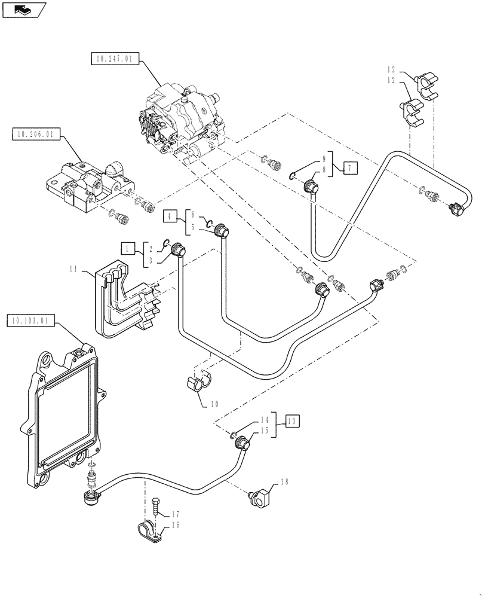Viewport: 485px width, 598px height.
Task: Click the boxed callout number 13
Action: (x=292, y=422)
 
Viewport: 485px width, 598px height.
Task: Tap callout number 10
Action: (x=214, y=405)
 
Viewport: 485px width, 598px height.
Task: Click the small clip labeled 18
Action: (x=261, y=498)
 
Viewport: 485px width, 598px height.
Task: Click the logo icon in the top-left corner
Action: (x=23, y=9)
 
